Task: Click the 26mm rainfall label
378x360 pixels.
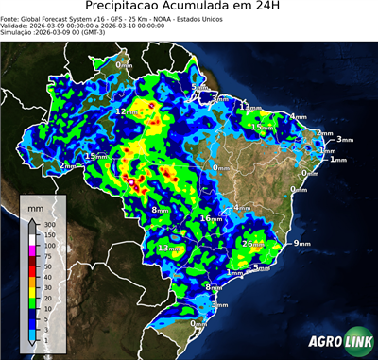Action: pyautogui.click(x=252, y=244)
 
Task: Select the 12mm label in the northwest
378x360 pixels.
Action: pyautogui.click(x=126, y=111)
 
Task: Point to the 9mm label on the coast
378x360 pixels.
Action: pyautogui.click(x=301, y=244)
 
